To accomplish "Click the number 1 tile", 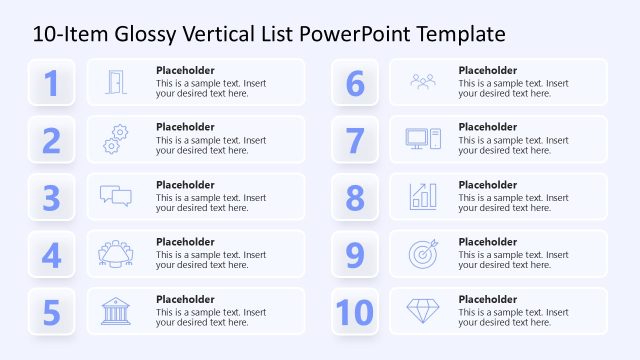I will (52, 82).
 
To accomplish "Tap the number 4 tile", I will (52, 254).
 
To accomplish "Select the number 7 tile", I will (355, 140).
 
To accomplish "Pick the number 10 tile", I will (355, 312).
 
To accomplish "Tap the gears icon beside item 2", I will (116, 139).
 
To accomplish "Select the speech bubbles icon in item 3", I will (116, 196).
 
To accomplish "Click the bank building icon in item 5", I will (116, 311).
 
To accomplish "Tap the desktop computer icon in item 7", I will (423, 139).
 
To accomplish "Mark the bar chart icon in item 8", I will (423, 196).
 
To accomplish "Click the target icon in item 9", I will (423, 254).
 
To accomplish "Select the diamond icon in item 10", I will (423, 311).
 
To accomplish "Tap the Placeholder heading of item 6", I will (488, 70).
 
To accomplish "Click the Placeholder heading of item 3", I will (185, 185).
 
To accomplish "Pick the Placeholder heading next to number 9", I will (488, 242).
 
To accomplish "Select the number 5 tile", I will (52, 312).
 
